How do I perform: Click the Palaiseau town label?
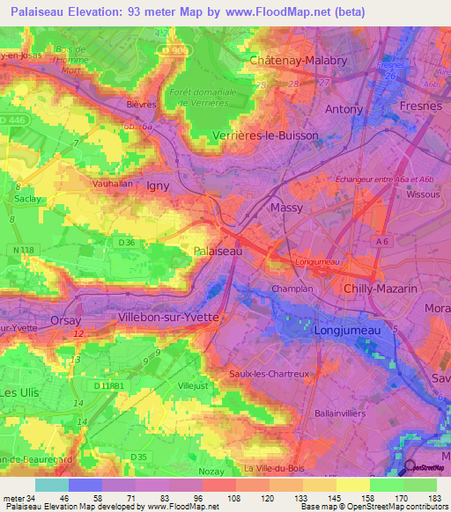coord(217,251)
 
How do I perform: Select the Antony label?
coord(344,109)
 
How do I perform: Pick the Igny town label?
coord(158,186)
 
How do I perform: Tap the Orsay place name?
coord(67,320)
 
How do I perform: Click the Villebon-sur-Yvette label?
coord(168,316)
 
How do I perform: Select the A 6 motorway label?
coord(381,240)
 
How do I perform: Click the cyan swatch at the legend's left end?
coord(52,484)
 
